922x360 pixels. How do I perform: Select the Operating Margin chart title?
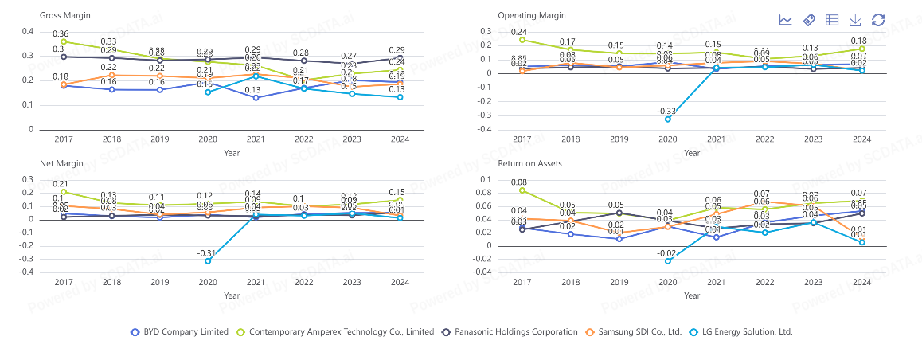531,16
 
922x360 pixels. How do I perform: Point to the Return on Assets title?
530,163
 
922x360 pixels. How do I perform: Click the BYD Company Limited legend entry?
179,331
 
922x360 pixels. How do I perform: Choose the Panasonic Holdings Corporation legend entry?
510,331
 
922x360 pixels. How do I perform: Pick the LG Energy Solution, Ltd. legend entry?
741,331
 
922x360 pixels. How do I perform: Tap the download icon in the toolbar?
855,20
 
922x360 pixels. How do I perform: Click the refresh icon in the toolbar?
878,20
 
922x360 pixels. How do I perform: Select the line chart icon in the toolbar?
785,20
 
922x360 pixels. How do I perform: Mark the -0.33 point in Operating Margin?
669,119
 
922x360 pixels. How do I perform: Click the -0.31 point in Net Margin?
208,260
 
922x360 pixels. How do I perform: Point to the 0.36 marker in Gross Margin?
64,41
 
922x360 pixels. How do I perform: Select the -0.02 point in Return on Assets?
669,260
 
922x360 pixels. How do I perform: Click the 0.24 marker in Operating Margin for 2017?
522,40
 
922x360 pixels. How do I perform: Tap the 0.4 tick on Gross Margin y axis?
29,32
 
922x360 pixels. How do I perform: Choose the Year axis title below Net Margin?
231,295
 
